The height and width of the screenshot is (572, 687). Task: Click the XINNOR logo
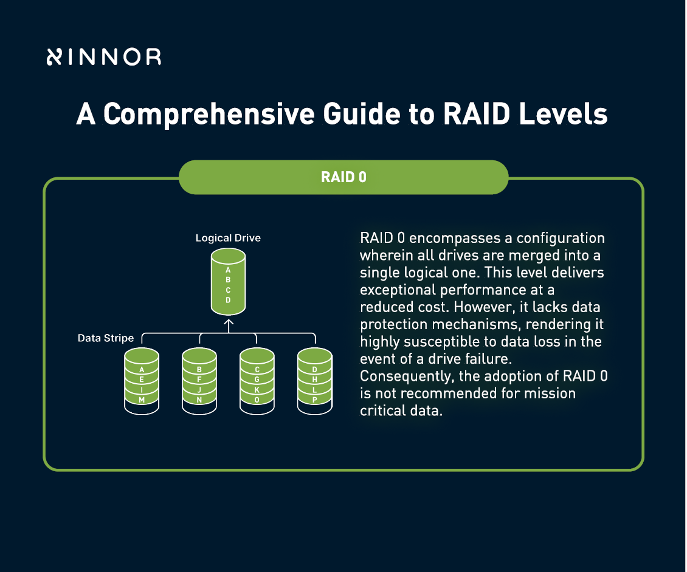103,57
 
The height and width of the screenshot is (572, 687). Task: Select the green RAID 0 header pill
343,177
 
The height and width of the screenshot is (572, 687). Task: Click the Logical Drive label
228,238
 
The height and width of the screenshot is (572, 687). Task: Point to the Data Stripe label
106,338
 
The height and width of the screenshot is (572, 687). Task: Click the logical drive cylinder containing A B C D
228,284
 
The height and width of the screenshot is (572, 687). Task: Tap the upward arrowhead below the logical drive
229,324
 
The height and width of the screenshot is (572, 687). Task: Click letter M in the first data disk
142,400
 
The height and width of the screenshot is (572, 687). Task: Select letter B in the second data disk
199,369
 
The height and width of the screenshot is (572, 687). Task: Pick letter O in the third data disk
257,400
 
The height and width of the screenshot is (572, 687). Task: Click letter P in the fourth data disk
314,400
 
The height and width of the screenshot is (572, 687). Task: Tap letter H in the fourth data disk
314,380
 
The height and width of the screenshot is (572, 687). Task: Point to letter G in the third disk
257,380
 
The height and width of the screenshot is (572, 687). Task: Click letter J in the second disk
199,390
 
